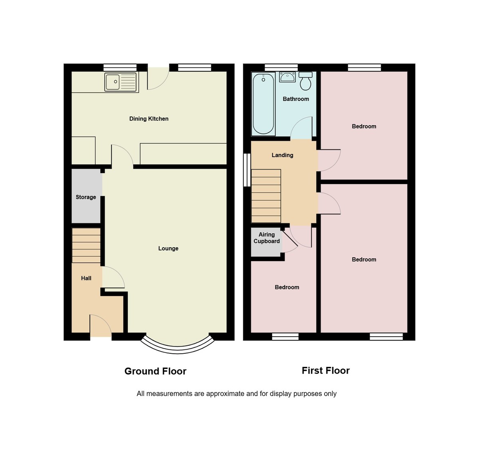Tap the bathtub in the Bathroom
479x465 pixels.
(x=263, y=104)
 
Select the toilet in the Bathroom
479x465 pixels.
(x=306, y=81)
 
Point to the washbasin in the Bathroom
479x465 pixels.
(x=287, y=77)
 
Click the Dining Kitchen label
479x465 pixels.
(x=149, y=119)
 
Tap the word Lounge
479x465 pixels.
(x=168, y=248)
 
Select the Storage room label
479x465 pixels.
(x=86, y=197)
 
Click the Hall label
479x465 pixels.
(x=86, y=278)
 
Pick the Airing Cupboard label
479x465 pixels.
(x=267, y=238)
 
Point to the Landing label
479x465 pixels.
(x=282, y=155)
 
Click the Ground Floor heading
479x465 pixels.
(x=155, y=371)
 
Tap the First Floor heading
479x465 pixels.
(x=325, y=370)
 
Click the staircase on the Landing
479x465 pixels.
(x=266, y=196)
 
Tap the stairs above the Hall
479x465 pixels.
(x=86, y=245)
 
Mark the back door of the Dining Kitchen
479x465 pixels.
(x=158, y=78)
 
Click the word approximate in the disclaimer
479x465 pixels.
(x=225, y=394)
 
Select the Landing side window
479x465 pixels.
(x=247, y=170)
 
